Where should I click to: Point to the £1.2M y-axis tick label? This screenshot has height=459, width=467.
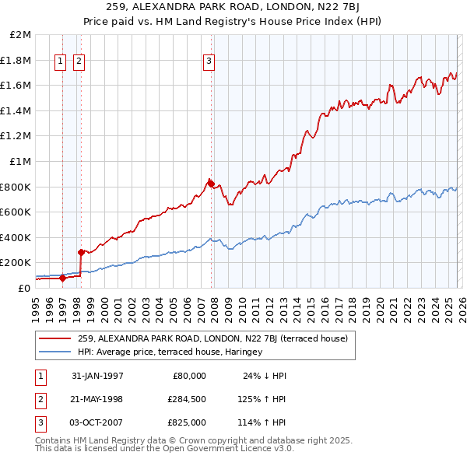(x=16, y=136)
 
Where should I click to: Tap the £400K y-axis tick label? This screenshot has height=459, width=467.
(x=16, y=237)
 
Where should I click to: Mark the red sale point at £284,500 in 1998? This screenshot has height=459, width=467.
(x=81, y=252)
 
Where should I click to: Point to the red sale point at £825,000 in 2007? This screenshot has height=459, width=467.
(x=211, y=184)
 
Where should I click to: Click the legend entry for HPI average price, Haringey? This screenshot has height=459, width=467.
(x=170, y=352)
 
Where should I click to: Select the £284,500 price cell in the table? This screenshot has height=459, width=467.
(x=187, y=399)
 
